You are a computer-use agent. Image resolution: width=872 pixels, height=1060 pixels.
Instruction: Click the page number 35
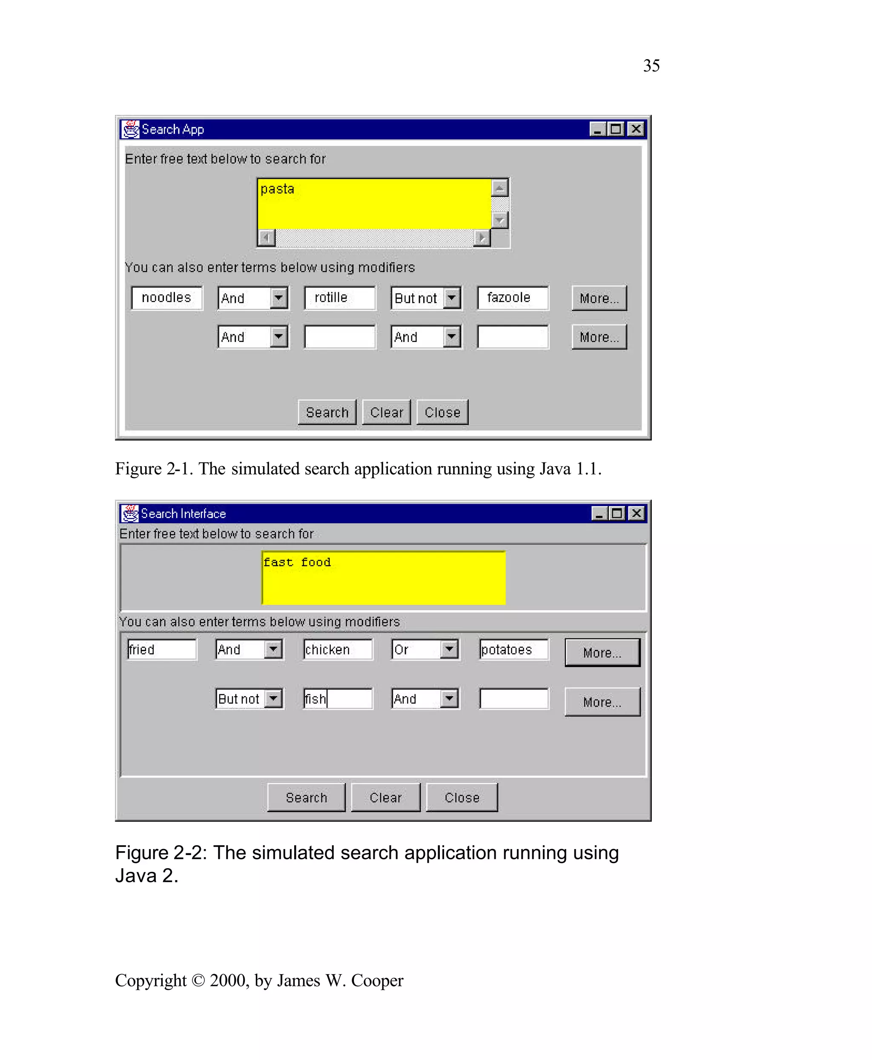pyautogui.click(x=651, y=66)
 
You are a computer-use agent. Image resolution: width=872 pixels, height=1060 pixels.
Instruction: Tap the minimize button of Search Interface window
pyautogui.click(x=599, y=513)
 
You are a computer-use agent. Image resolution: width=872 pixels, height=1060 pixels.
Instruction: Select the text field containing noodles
pyautogui.click(x=167, y=298)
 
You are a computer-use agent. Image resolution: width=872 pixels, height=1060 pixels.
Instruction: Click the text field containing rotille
pyautogui.click(x=339, y=298)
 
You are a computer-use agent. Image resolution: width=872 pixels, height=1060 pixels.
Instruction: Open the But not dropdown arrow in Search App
pyautogui.click(x=452, y=298)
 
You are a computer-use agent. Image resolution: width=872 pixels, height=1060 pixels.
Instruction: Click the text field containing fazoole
pyautogui.click(x=512, y=298)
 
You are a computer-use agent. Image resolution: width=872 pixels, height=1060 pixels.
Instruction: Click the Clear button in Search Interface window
pyautogui.click(x=385, y=798)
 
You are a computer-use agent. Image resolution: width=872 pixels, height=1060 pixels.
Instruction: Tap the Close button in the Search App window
pyautogui.click(x=442, y=412)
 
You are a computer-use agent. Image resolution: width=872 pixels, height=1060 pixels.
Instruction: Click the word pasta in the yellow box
pyautogui.click(x=277, y=189)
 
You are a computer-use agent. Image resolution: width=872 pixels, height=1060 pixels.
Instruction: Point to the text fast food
pyautogui.click(x=297, y=562)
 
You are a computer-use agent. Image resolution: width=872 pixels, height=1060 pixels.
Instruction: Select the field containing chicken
pyautogui.click(x=338, y=650)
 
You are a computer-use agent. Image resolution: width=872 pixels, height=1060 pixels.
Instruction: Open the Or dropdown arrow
pyautogui.click(x=450, y=649)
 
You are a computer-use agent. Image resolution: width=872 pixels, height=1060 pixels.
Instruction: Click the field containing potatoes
pyautogui.click(x=513, y=650)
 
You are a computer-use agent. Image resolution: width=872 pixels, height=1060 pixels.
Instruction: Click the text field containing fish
pyautogui.click(x=338, y=698)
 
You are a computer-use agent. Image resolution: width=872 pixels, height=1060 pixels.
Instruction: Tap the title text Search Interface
pyautogui.click(x=184, y=513)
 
